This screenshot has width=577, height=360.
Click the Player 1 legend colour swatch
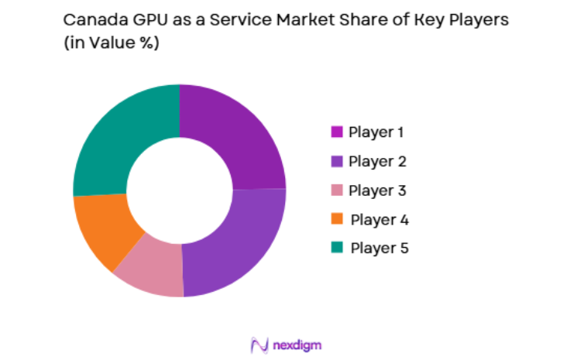pyautogui.click(x=336, y=132)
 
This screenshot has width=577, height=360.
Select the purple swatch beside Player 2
pyautogui.click(x=336, y=162)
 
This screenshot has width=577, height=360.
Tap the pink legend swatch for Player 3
pyautogui.click(x=336, y=190)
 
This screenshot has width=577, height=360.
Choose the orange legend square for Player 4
pyautogui.click(x=336, y=220)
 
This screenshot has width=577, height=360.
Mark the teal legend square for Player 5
pyautogui.click(x=336, y=249)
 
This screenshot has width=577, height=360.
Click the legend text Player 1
pyautogui.click(x=376, y=132)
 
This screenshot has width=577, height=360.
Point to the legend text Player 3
pyautogui.click(x=377, y=190)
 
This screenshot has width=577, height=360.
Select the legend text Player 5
pyautogui.click(x=379, y=249)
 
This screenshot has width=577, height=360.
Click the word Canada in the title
pyautogui.click(x=90, y=21)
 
